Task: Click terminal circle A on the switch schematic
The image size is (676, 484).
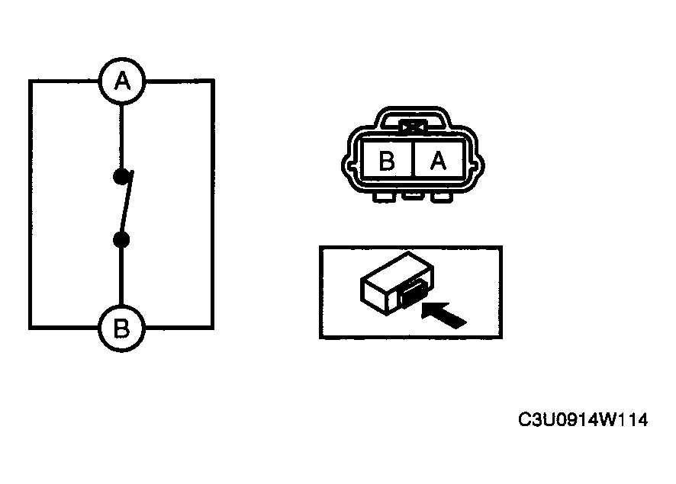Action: (122, 81)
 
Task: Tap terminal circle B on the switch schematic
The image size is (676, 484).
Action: (121, 328)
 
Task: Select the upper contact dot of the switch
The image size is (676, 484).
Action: (121, 176)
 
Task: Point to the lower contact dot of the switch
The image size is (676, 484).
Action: (121, 240)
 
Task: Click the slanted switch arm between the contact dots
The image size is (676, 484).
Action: (127, 204)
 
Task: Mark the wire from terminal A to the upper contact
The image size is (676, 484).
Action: (121, 136)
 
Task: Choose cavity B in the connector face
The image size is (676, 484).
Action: (387, 160)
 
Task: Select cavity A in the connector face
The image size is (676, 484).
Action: (439, 160)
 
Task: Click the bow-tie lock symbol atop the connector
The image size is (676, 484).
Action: (413, 127)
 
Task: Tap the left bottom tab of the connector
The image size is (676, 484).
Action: (384, 197)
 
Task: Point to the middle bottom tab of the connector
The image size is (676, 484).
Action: (412, 196)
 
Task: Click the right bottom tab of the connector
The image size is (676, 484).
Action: (441, 197)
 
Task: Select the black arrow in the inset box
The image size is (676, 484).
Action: (443, 315)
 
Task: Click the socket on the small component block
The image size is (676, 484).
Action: (413, 293)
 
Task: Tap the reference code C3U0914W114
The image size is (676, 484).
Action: (583, 419)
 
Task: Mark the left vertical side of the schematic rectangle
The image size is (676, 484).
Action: (31, 204)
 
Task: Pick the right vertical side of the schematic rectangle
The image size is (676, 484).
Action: (212, 204)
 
